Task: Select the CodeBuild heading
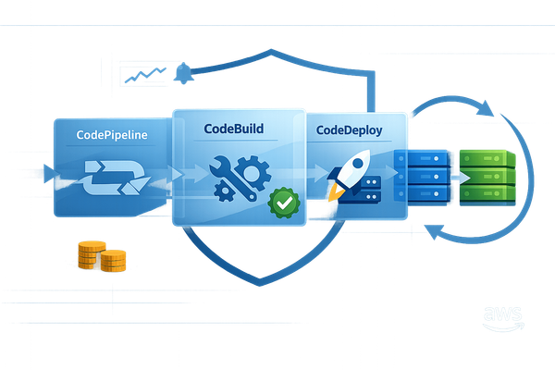[x=240, y=130]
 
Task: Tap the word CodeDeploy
[x=348, y=130]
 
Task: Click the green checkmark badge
[x=281, y=201]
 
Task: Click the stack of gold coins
[x=100, y=256]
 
